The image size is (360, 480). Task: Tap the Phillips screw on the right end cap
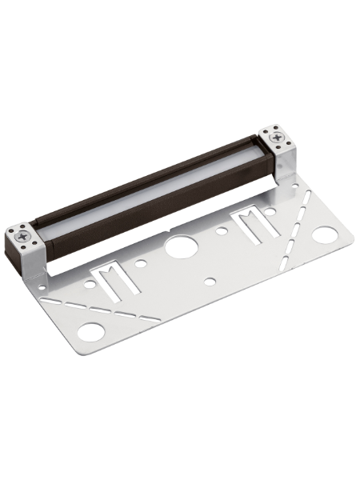(276, 138)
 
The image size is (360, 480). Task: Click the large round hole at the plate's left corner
(92, 331)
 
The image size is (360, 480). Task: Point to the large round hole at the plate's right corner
(324, 235)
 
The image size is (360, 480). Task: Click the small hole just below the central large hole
(210, 281)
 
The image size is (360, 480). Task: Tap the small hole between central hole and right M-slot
(222, 232)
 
